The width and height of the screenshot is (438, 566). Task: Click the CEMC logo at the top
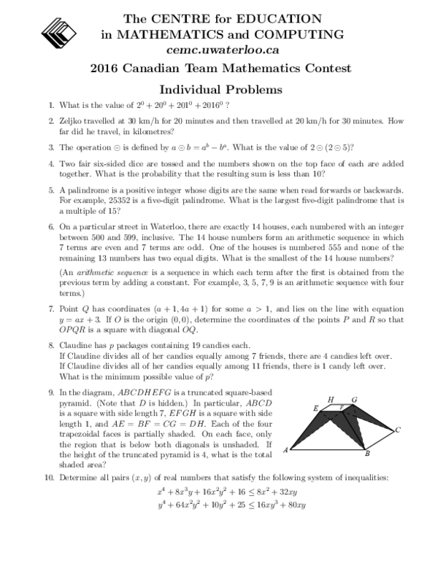coord(67,32)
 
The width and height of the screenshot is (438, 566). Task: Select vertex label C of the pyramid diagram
coord(397,430)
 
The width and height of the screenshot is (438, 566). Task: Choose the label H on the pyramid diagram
coord(331,399)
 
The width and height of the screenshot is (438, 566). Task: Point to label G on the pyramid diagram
coord(353,400)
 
